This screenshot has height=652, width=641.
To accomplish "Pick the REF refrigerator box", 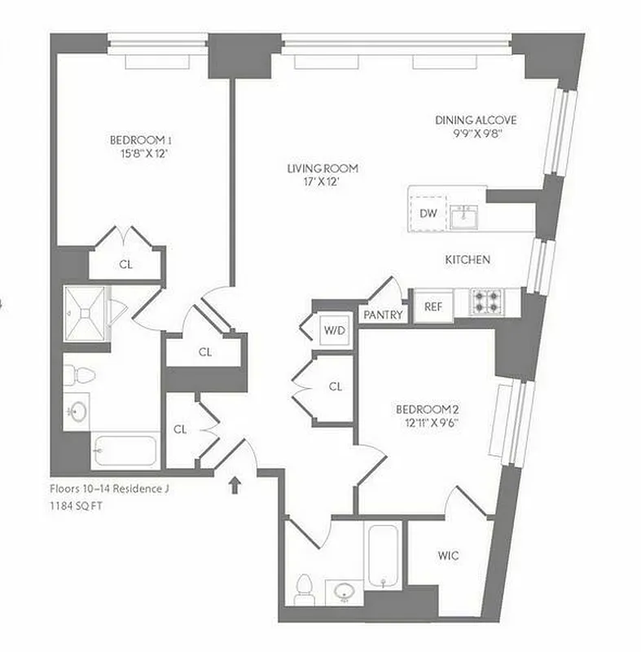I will coord(433,306).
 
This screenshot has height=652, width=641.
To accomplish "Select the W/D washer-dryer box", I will coord(332,330).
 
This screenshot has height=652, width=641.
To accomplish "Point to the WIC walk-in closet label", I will coord(447,556).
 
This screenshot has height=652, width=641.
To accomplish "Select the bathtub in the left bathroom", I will coord(125,450).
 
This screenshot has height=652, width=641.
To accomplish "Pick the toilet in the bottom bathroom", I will coord(305,589).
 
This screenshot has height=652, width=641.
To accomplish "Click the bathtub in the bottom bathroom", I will coord(382,556).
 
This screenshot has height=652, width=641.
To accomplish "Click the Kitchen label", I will coord(468,260).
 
